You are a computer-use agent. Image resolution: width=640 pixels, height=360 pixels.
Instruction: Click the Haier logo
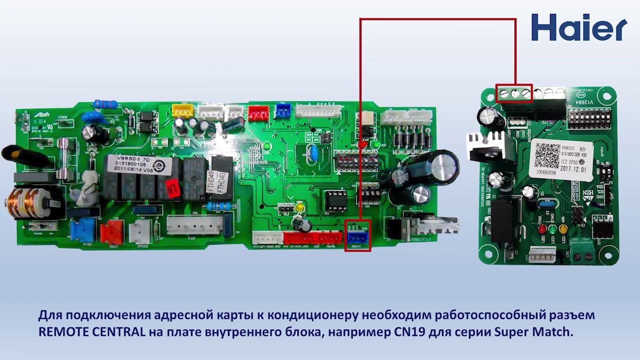[578, 27]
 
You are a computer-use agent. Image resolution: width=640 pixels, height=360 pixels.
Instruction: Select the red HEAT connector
[111, 232]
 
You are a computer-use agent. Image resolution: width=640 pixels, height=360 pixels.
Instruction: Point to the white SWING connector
[139, 232]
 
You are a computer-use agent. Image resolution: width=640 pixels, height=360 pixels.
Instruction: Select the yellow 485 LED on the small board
[563, 229]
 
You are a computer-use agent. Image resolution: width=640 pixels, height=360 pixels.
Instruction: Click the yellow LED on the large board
[300, 207]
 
